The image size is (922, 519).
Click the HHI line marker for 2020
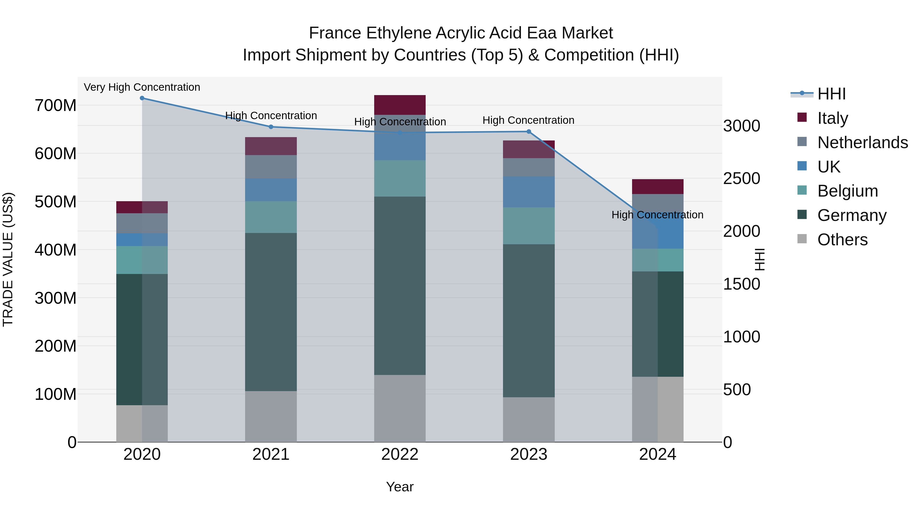[142, 98]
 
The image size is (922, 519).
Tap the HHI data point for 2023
[529, 132]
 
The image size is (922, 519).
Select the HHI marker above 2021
[271, 127]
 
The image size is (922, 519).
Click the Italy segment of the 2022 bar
[400, 105]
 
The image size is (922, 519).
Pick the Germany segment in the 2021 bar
[271, 312]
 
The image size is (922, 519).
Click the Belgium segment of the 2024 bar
[657, 260]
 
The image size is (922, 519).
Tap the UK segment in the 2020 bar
[142, 240]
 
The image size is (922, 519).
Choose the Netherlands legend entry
[863, 143]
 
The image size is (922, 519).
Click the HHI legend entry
[831, 94]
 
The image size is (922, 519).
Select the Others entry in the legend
[843, 240]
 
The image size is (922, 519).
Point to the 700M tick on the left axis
[56, 106]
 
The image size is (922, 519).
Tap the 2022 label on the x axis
[400, 454]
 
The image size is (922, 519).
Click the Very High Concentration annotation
[142, 87]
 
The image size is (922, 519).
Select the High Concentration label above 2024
[657, 215]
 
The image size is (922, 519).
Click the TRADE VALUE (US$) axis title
[8, 259]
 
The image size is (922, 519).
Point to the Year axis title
[400, 487]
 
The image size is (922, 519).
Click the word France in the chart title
[335, 33]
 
